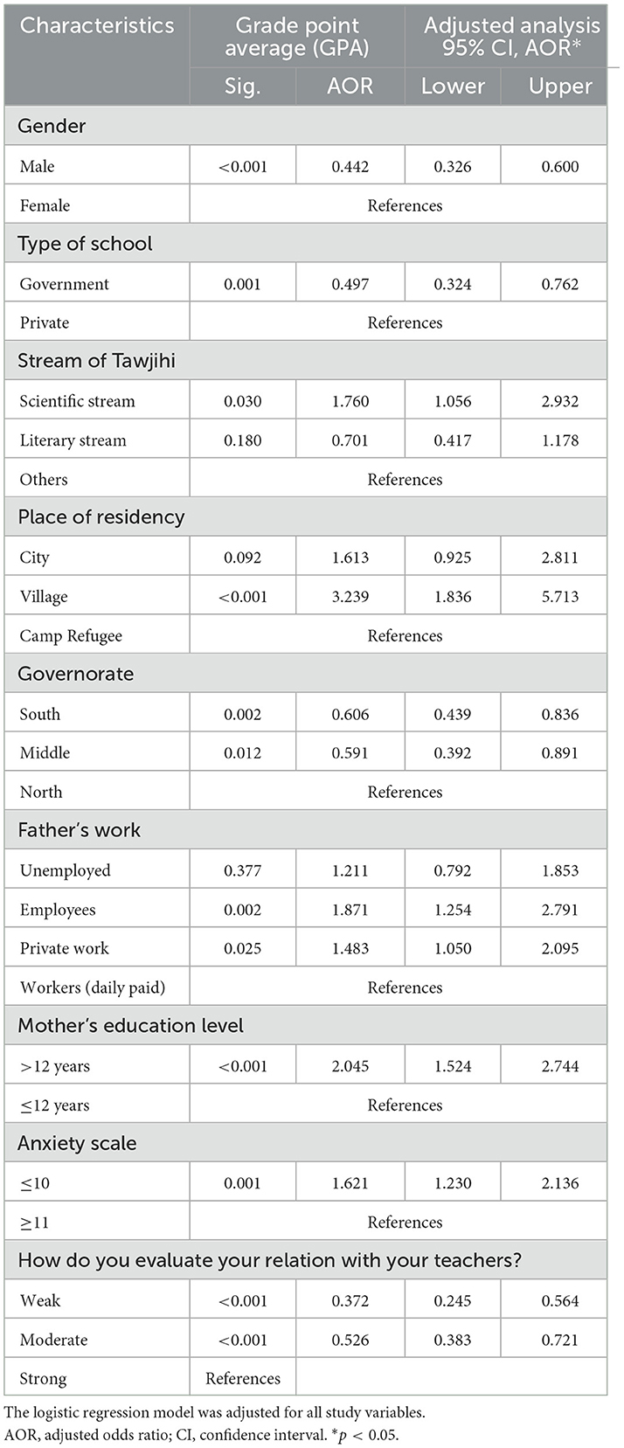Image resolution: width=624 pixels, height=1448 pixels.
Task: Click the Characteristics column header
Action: [x=97, y=25]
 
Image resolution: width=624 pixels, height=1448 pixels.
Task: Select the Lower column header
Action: [x=453, y=86]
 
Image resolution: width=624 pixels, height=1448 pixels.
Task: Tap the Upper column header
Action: [x=560, y=86]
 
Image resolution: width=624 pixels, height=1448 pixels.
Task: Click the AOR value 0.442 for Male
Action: [x=350, y=166]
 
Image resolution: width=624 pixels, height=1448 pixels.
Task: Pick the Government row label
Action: [x=65, y=284]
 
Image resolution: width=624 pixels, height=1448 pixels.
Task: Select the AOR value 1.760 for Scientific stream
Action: [x=350, y=401]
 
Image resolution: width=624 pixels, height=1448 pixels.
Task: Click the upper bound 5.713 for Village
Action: [x=560, y=597]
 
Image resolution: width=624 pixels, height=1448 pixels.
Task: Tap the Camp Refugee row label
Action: [x=71, y=636]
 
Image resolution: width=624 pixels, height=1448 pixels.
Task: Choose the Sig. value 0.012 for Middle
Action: [x=242, y=752]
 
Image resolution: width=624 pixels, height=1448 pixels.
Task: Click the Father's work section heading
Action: [x=79, y=830]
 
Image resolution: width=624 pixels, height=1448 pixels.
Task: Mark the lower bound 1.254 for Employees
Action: [x=453, y=910]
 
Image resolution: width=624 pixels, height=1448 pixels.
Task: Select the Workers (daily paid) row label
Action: [x=93, y=987]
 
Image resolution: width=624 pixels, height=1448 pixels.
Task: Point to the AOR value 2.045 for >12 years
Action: [x=350, y=1066]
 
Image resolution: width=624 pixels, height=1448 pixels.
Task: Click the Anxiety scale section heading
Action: [x=77, y=1143]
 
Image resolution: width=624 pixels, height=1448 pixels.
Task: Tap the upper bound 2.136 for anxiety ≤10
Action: [x=560, y=1183]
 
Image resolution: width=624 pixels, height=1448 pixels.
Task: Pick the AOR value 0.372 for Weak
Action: [x=350, y=1300]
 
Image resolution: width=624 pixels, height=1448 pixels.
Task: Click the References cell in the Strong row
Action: [x=243, y=1378]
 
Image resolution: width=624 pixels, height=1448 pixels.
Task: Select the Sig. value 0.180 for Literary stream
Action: [x=242, y=440]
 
